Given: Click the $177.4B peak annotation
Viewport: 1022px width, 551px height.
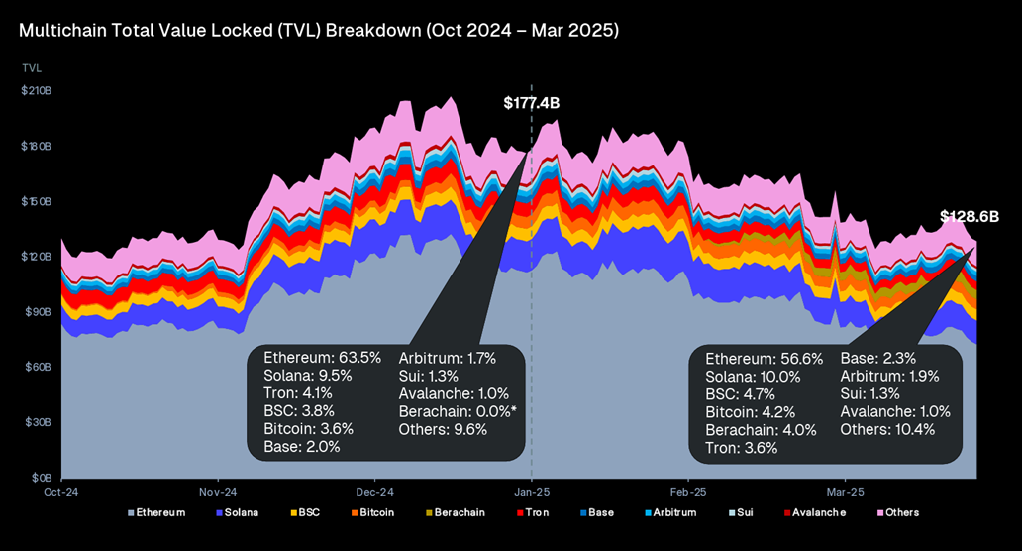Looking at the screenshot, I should pyautogui.click(x=538, y=103).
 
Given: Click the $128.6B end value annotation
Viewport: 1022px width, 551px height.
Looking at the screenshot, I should pyautogui.click(x=970, y=216).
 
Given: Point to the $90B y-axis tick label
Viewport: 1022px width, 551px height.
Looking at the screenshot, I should pyautogui.click(x=38, y=312).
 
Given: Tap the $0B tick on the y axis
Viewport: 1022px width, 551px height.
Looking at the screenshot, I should pyautogui.click(x=40, y=478).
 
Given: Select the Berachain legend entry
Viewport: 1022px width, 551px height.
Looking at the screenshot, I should pyautogui.click(x=459, y=513).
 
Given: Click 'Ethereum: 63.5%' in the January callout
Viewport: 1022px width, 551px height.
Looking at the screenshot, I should pyautogui.click(x=322, y=357).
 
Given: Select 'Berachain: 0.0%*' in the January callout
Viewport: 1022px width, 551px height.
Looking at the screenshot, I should pyautogui.click(x=458, y=411).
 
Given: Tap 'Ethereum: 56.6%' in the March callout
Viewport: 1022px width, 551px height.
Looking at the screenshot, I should pyautogui.click(x=764, y=359).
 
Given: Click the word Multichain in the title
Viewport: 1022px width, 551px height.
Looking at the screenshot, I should pyautogui.click(x=62, y=31).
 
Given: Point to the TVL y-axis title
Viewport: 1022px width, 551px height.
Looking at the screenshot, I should pyautogui.click(x=32, y=68).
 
